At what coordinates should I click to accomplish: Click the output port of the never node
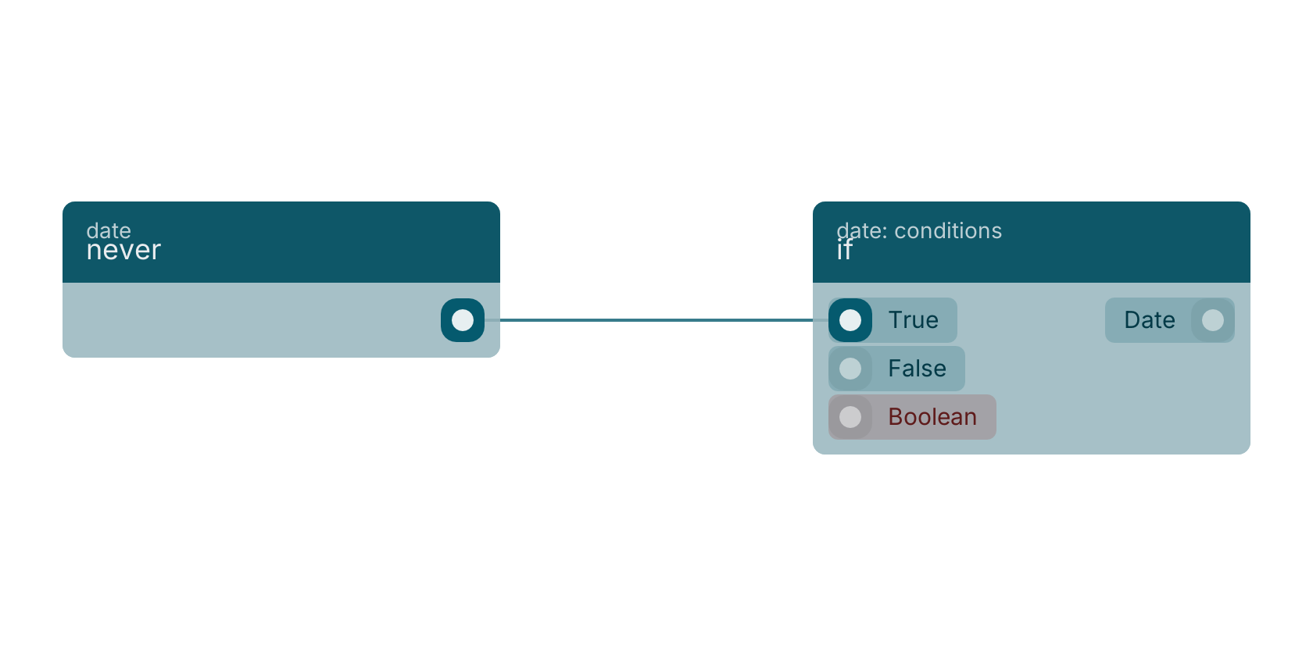pos(463,320)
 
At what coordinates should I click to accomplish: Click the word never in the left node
pos(123,250)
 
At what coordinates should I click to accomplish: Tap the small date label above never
pos(109,230)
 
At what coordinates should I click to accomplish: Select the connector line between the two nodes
pos(656,320)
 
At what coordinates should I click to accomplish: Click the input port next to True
pos(850,320)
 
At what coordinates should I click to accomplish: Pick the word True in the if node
pos(913,320)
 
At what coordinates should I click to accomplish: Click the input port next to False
pos(850,369)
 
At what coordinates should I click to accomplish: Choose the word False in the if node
pos(918,369)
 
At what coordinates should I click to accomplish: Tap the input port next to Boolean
pos(850,417)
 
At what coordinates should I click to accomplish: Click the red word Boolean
pos(932,417)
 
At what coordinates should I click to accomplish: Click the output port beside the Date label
pos(1213,320)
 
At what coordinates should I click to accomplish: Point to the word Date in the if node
pos(1150,320)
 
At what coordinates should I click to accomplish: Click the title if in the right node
pos(844,250)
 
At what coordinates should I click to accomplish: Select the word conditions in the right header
pos(948,231)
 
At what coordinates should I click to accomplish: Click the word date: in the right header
pos(861,231)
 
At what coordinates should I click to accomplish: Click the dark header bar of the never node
pos(281,242)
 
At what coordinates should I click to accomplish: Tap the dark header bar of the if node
pos(1032,242)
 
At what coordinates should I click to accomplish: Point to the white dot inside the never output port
pos(463,320)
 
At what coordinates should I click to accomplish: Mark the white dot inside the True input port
pos(850,320)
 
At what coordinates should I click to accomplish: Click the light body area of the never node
pos(252,320)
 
